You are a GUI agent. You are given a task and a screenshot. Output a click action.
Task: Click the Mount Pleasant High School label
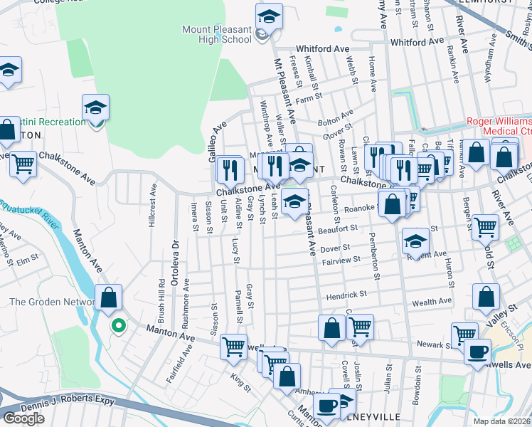pos(217,34)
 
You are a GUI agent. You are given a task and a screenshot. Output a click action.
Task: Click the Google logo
pos(23,418)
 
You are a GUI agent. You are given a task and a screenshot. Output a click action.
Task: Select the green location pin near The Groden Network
pos(119,326)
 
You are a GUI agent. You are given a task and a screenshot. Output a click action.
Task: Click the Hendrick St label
pos(346,294)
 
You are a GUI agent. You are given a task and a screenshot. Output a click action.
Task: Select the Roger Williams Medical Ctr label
pos(499,126)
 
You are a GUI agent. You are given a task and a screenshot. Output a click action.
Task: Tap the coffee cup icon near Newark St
pos(477,351)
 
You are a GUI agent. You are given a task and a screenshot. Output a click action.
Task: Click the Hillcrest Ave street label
pos(151,206)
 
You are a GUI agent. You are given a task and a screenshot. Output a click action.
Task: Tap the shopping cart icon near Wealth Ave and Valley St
pos(464,334)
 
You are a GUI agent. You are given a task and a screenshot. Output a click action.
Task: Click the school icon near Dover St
pos(415,241)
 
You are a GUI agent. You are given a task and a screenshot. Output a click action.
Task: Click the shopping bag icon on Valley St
pos(486,297)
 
